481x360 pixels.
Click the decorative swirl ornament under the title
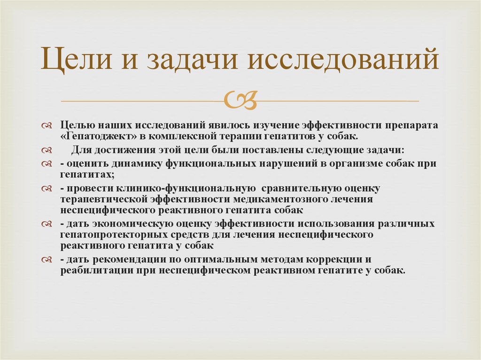240,100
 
